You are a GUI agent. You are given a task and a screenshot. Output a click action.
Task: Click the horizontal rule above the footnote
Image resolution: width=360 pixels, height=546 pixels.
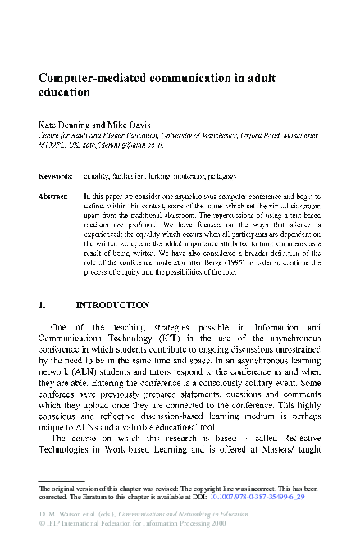[82, 480]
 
